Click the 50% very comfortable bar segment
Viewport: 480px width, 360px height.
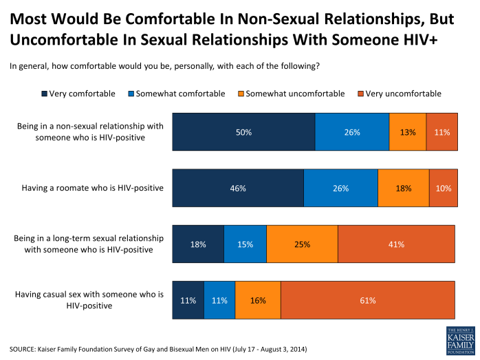coord(243,131)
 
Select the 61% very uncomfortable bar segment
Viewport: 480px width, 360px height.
coord(368,300)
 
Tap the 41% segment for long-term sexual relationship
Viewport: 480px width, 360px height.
coord(396,244)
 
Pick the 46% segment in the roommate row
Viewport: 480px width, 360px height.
coord(237,187)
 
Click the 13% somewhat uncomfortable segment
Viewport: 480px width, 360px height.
coord(408,131)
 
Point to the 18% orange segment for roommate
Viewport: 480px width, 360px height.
coord(404,187)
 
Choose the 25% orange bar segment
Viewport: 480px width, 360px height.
coord(302,244)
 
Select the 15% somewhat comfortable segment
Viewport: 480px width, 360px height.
coord(245,244)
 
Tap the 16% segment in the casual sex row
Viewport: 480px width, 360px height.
coord(258,300)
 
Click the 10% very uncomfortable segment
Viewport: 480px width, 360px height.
coord(442,187)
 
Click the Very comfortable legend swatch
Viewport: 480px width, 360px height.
coord(45,94)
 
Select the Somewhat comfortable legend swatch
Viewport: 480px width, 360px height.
coord(131,94)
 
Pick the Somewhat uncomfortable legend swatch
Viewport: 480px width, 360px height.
coord(240,94)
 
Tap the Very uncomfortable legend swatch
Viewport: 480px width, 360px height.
coord(360,94)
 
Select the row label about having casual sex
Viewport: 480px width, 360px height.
coord(90,300)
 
